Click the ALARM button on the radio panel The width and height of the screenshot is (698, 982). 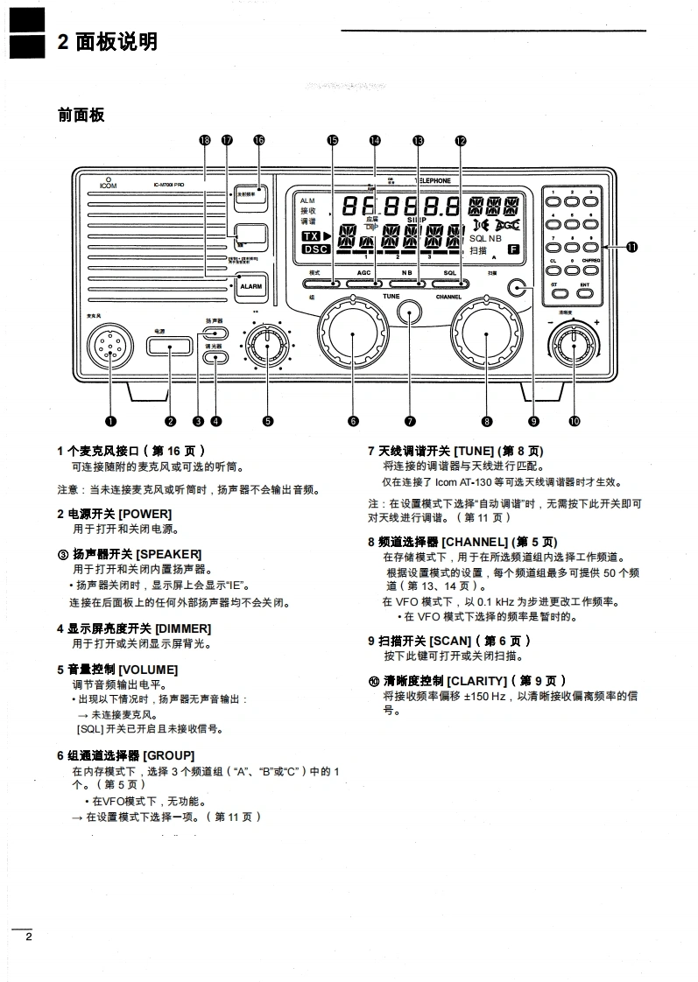[x=250, y=286]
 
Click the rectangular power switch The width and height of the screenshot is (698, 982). [x=170, y=347]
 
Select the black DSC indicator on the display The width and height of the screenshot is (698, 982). [x=313, y=249]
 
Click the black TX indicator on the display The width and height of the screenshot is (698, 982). [x=311, y=236]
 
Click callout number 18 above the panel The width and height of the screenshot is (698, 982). [x=205, y=140]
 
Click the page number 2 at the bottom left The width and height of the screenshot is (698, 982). [x=28, y=937]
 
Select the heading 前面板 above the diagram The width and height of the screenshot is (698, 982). [x=81, y=114]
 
